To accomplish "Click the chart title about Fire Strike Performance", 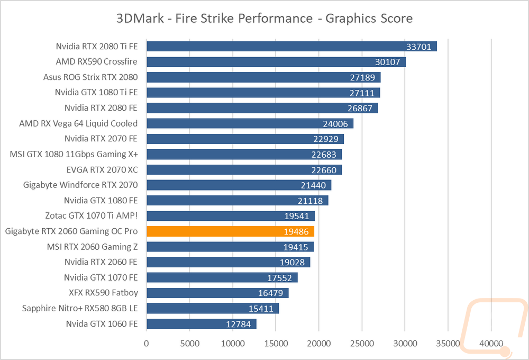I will point(264,19).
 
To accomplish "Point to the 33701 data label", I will point(420,47).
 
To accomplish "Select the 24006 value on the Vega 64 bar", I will point(337,123).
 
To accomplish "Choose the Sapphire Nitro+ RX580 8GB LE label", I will point(80,308).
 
